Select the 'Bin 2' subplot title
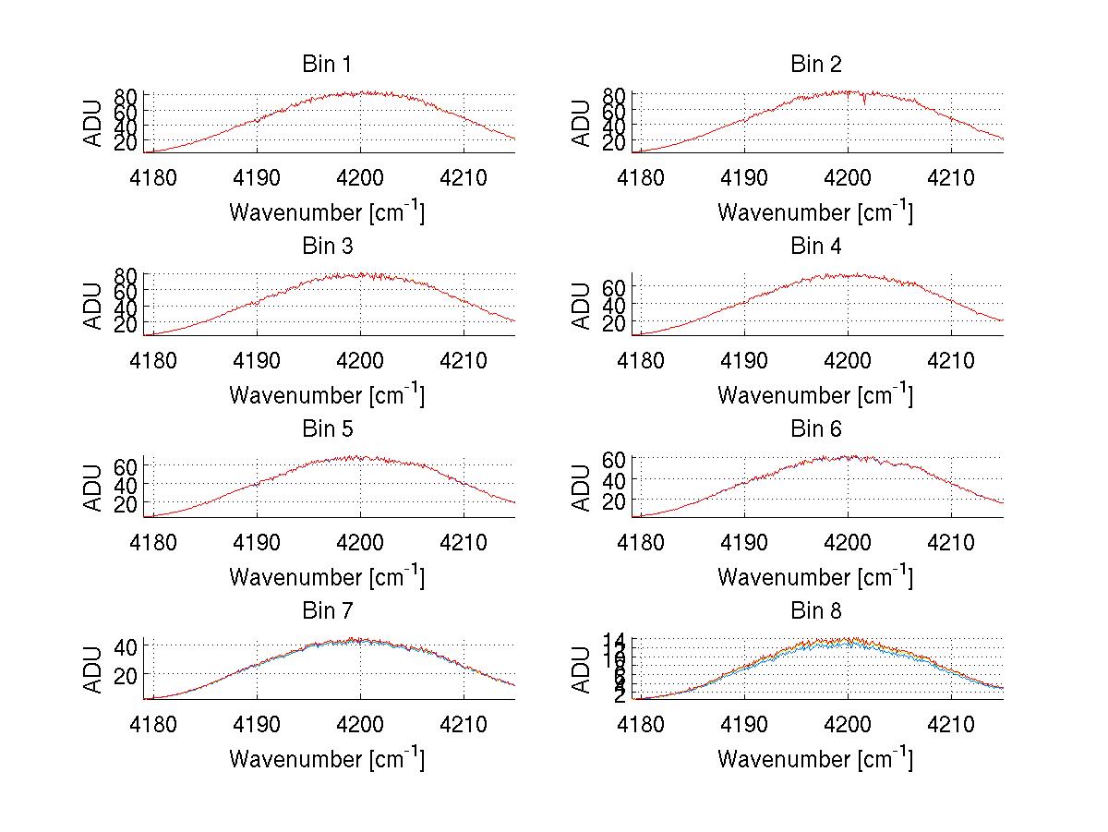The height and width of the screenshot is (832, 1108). click(x=815, y=65)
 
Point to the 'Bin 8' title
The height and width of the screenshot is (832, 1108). click(x=815, y=611)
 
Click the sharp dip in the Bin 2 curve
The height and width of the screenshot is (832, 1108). click(x=864, y=102)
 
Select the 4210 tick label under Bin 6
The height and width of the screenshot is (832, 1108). click(x=951, y=541)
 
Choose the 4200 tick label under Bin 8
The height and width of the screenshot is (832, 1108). click(x=848, y=723)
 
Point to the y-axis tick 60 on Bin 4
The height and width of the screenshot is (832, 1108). click(x=616, y=287)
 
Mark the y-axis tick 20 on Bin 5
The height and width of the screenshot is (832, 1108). click(x=127, y=503)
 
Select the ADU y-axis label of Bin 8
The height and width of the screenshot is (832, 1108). click(x=582, y=669)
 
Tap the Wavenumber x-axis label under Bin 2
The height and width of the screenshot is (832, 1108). click(x=815, y=211)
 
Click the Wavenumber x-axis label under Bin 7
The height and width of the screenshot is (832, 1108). click(x=326, y=759)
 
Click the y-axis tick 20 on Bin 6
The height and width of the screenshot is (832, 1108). click(x=616, y=500)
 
